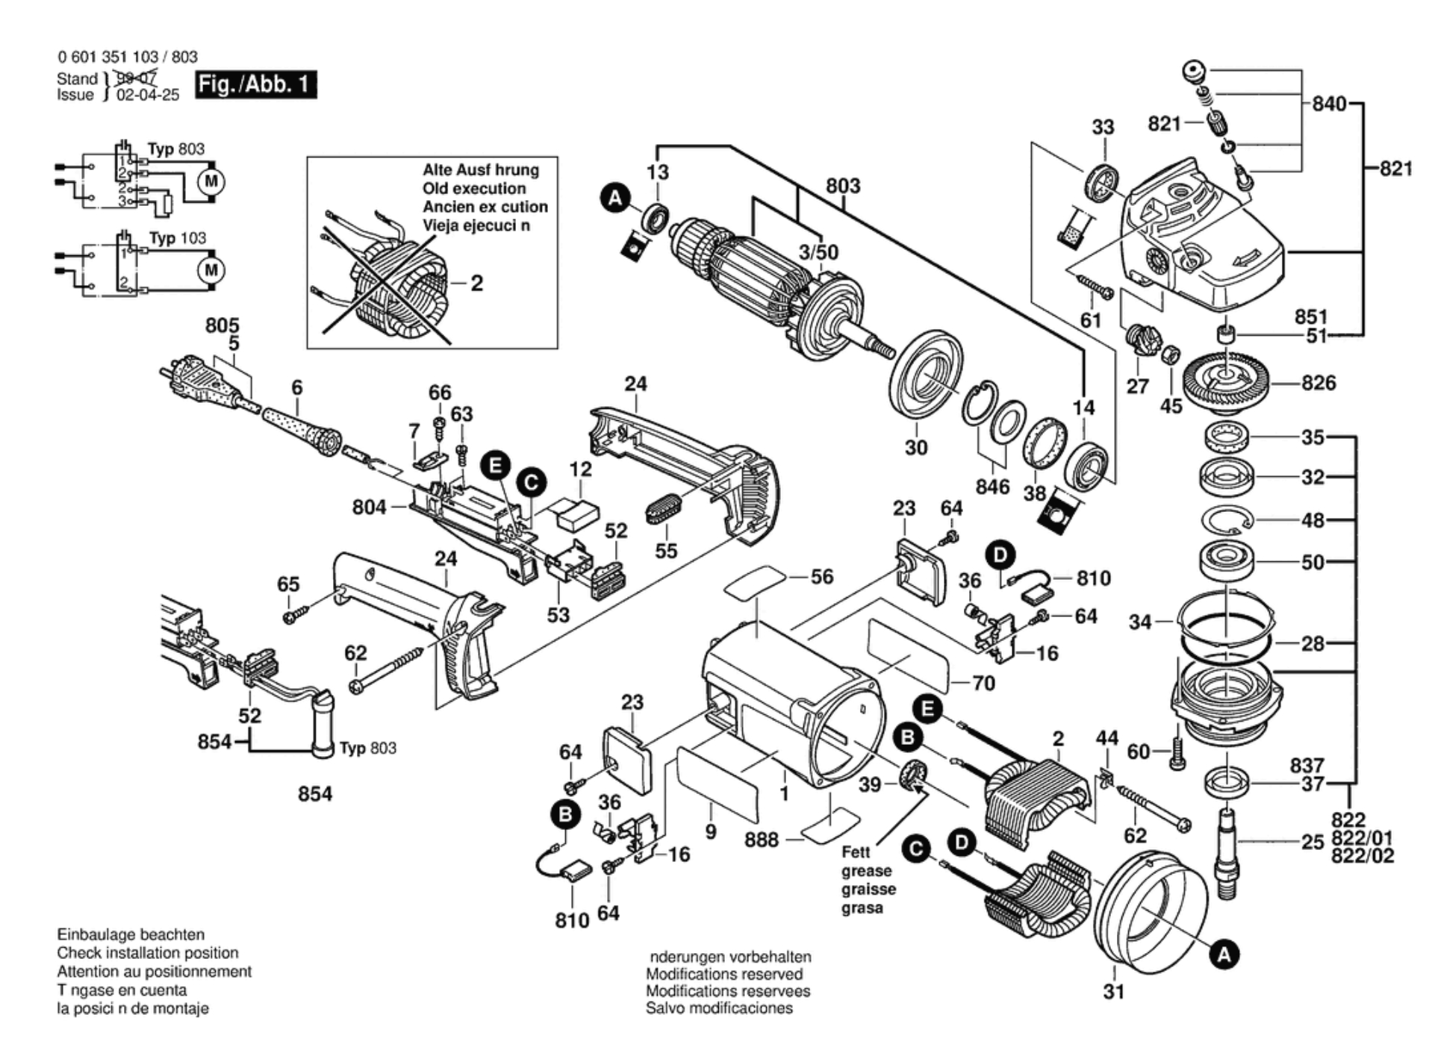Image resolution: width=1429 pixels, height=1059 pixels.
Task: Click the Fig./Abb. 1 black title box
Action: (x=255, y=84)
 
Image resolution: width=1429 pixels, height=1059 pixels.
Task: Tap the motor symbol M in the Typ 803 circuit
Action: (x=211, y=181)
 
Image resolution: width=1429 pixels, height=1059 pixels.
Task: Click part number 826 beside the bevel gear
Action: (x=1318, y=383)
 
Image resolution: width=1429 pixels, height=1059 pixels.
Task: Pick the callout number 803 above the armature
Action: (x=843, y=186)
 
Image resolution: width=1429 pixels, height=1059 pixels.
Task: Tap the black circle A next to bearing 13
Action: (x=615, y=199)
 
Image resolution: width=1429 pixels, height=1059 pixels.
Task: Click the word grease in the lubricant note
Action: (x=866, y=871)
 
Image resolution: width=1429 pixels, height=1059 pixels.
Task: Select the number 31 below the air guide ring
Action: (x=1113, y=992)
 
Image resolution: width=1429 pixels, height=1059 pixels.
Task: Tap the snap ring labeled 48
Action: (x=1227, y=519)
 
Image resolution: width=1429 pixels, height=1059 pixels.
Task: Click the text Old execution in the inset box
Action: (x=474, y=188)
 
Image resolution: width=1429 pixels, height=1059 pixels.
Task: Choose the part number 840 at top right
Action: (x=1329, y=104)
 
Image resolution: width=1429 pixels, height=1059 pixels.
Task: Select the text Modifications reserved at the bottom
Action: (x=723, y=974)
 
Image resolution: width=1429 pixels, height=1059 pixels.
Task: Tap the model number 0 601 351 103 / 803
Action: (x=128, y=57)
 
